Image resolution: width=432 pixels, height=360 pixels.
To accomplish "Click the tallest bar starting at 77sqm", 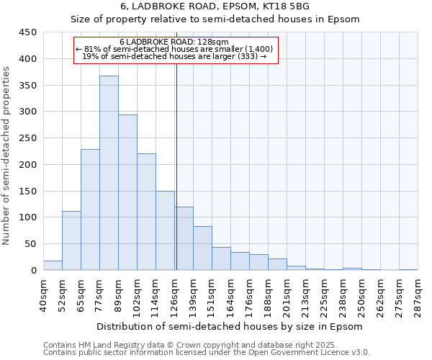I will coord(109,173).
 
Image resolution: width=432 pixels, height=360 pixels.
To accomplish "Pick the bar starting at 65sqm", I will coord(90,210).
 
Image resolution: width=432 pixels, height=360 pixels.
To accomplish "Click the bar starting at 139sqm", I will coord(202,248).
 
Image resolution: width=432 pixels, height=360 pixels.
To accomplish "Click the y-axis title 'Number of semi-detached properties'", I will coord(6,156).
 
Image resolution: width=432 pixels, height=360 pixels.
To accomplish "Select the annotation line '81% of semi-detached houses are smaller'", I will coord(175,49).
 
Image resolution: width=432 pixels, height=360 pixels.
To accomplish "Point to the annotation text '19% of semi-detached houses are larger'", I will coord(175,56).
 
